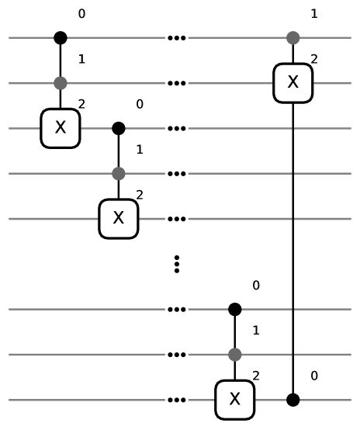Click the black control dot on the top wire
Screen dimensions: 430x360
(x=61, y=37)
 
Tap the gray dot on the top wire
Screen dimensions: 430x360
(x=292, y=37)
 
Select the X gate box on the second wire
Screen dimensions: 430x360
(x=292, y=82)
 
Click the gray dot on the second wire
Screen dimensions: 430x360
(x=61, y=82)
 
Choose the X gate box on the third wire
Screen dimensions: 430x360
(x=61, y=128)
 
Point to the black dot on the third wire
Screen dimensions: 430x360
(x=118, y=128)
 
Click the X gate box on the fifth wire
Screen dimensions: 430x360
(x=118, y=219)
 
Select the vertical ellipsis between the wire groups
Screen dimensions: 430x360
(x=177, y=264)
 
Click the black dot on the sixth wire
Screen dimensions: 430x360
(x=235, y=310)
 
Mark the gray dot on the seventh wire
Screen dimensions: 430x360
(x=235, y=355)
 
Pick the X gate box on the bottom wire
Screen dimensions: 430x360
(x=235, y=400)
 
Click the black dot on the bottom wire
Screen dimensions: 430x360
(x=292, y=400)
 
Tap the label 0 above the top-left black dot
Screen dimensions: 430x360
(x=81, y=14)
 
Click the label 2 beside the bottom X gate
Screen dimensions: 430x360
(x=256, y=376)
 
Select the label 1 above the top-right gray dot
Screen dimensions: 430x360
(x=313, y=14)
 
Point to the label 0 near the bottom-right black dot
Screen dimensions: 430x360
(x=313, y=376)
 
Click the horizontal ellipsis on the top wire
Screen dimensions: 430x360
(x=177, y=37)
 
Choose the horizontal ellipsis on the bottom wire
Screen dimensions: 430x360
(x=177, y=401)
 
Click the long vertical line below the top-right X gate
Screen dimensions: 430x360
(x=292, y=248)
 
